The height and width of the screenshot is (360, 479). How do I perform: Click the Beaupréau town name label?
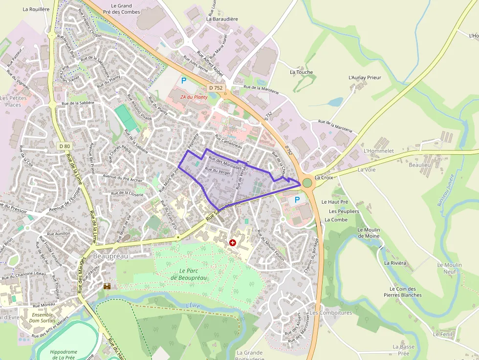pyautogui.click(x=103, y=256)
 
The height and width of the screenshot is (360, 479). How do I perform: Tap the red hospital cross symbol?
pyautogui.click(x=233, y=242)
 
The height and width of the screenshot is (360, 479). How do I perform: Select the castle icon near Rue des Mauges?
pyautogui.click(x=107, y=286)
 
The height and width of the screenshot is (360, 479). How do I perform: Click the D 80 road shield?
pyautogui.click(x=65, y=146)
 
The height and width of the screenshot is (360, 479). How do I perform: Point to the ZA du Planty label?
pyautogui.click(x=194, y=97)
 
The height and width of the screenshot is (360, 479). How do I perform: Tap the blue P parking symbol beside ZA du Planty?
pyautogui.click(x=184, y=81)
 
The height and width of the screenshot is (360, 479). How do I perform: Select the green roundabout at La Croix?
pyautogui.click(x=307, y=183)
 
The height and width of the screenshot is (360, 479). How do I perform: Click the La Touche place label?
pyautogui.click(x=301, y=72)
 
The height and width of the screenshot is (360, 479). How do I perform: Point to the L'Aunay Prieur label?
pyautogui.click(x=365, y=78)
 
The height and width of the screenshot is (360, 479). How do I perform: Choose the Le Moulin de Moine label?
pyautogui.click(x=369, y=233)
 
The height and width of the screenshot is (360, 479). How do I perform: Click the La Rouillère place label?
pyautogui.click(x=36, y=9)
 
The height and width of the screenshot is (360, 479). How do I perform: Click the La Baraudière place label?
pyautogui.click(x=222, y=19)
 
